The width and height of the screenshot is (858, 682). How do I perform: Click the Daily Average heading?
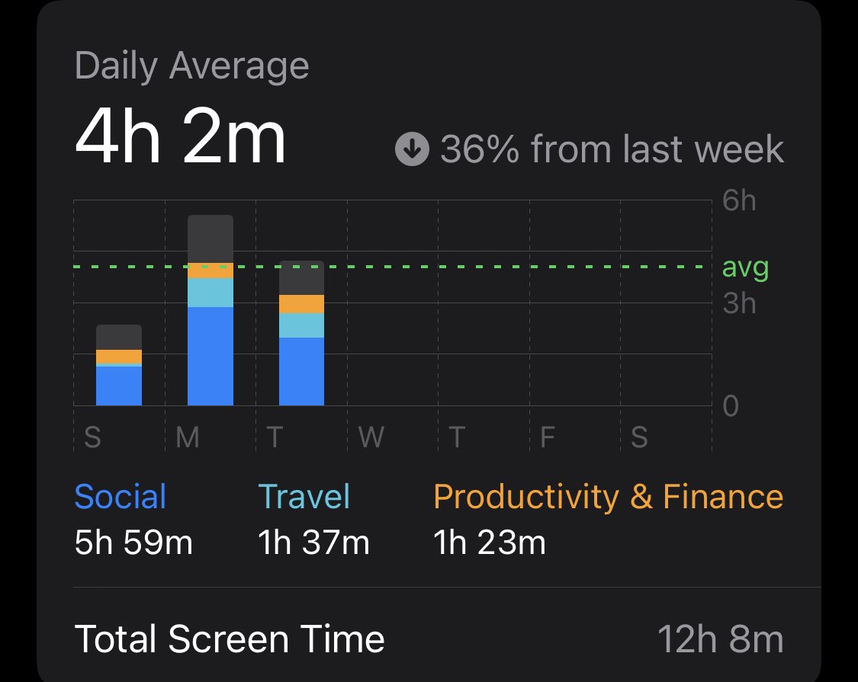(x=191, y=67)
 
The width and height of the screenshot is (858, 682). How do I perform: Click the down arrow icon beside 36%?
(x=412, y=150)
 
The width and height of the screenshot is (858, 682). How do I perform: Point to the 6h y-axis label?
(x=738, y=202)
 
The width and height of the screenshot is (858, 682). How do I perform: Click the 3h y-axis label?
(x=738, y=303)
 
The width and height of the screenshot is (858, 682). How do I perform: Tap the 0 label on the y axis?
(x=731, y=406)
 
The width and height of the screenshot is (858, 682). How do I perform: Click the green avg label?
(x=744, y=268)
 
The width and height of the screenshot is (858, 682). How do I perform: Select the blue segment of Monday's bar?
(x=210, y=356)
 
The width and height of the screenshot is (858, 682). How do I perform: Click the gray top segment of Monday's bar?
(x=210, y=239)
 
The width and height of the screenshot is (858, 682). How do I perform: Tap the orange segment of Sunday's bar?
(x=119, y=357)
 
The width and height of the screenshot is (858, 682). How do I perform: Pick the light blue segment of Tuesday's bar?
(x=301, y=325)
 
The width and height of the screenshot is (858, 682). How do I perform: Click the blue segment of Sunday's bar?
(x=119, y=386)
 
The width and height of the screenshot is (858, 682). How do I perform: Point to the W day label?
(x=371, y=438)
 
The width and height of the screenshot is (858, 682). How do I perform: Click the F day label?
(x=548, y=438)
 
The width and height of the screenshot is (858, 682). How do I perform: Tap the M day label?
(x=188, y=438)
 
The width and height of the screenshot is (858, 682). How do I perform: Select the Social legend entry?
(x=121, y=498)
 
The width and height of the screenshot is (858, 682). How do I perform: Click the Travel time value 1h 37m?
(x=313, y=543)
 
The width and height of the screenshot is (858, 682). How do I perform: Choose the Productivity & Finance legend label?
(x=608, y=498)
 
